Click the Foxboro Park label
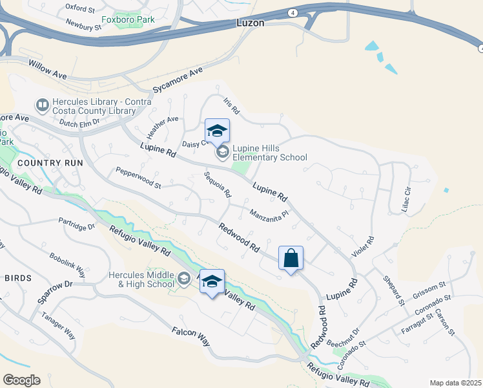coord(133,20)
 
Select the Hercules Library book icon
coord(42,104)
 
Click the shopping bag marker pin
coord(291,259)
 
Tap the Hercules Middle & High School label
coord(141,279)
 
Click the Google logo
coord(21,380)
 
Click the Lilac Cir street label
coord(406,201)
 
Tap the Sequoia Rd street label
coord(218,185)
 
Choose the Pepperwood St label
coord(138,178)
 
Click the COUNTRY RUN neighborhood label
coord(50,163)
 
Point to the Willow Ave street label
coord(48,67)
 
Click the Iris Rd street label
coord(231,107)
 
